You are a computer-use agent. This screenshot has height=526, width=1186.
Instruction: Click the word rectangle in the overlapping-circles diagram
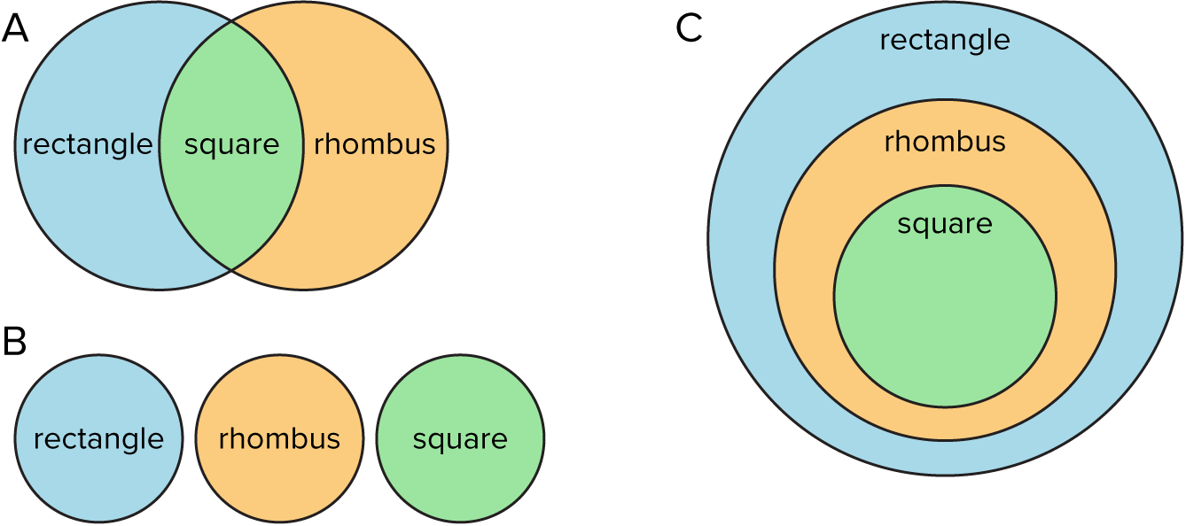coord(87,144)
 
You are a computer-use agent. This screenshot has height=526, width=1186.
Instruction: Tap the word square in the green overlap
coord(231,144)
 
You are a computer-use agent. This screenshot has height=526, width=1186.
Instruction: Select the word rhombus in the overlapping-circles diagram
coord(374,144)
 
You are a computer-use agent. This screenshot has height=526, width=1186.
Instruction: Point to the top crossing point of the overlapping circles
coord(231,22)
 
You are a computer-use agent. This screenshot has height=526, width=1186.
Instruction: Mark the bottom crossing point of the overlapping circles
coord(231,268)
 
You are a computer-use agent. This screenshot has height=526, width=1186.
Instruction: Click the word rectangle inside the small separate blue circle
coord(98,439)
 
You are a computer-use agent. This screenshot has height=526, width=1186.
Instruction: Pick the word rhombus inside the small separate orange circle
coord(279,439)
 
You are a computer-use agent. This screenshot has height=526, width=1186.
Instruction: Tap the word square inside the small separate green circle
coord(460,439)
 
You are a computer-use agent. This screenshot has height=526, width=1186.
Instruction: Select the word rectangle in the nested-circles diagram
coord(945,40)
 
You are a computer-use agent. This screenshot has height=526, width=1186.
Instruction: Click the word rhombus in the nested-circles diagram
coord(945,142)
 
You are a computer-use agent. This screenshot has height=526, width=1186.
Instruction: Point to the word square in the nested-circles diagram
coord(945,224)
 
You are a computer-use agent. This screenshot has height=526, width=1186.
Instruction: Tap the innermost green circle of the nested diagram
coord(945,319)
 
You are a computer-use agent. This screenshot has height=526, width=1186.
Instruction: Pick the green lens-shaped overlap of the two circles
coord(231,204)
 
